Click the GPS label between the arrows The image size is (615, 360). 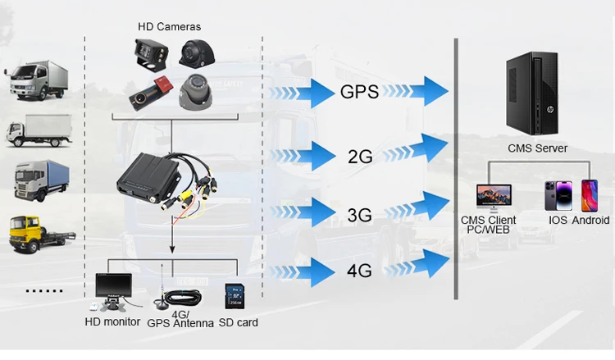(359, 92)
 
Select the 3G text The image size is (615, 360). (359, 215)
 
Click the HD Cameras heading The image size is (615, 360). (170, 27)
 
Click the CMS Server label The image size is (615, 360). (538, 148)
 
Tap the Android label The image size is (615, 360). (590, 220)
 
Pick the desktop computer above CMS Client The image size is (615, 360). (494, 197)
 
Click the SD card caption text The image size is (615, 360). (239, 322)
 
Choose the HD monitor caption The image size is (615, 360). (112, 321)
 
